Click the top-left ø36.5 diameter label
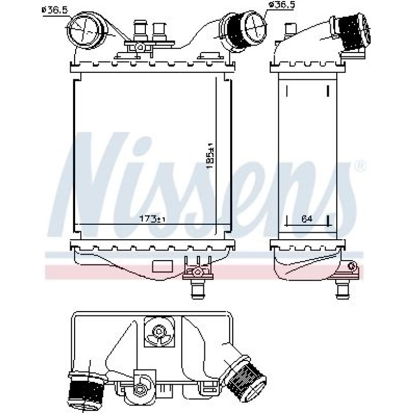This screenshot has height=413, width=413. click(x=55, y=10)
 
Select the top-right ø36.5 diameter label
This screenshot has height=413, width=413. click(x=281, y=5)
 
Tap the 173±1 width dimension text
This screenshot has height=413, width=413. click(x=152, y=218)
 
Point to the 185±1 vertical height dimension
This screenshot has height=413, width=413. click(x=210, y=157)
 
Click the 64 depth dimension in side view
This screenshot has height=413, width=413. click(x=307, y=218)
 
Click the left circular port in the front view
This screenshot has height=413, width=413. click(x=84, y=31)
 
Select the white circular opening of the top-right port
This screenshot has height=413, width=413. click(x=255, y=26)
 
